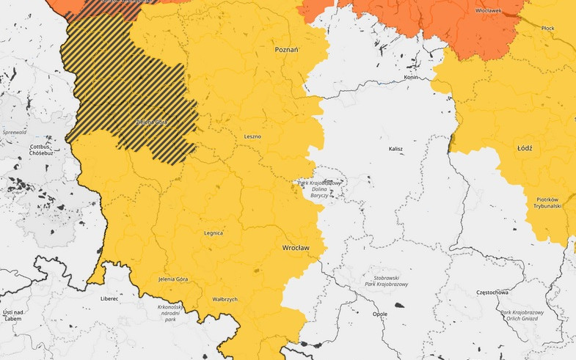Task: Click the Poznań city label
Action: click(x=286, y=50)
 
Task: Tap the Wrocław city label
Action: click(x=296, y=248)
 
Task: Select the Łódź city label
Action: click(x=525, y=148)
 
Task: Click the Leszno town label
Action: click(x=252, y=136)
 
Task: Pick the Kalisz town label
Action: click(x=395, y=149)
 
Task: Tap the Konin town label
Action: click(x=410, y=78)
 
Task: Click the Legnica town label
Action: click(x=213, y=233)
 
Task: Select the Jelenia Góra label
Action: click(x=173, y=279)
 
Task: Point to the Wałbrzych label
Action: click(x=225, y=299)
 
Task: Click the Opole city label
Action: click(x=379, y=314)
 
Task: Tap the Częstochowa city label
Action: click(x=492, y=293)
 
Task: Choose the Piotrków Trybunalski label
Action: click(x=548, y=202)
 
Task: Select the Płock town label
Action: click(x=547, y=28)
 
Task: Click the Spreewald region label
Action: click(x=15, y=132)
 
